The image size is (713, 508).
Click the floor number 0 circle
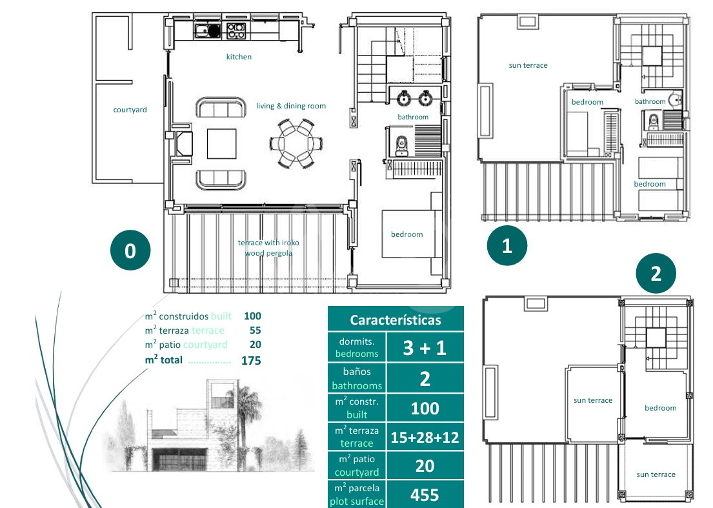[130, 250]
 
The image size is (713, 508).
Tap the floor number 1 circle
[507, 245]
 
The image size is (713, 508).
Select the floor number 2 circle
[656, 273]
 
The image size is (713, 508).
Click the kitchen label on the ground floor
[239, 57]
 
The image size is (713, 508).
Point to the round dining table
[296, 144]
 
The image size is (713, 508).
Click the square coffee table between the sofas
[221, 144]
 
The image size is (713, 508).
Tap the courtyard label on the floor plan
[130, 110]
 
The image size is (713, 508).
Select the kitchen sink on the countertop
[207, 31]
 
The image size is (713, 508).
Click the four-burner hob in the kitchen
[236, 31]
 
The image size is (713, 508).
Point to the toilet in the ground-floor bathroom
[401, 145]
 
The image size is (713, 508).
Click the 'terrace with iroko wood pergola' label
[268, 248]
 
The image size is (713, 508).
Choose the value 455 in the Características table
[425, 495]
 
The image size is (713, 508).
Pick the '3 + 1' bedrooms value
[425, 348]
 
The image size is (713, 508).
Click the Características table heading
[395, 320]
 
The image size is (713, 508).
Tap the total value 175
[251, 361]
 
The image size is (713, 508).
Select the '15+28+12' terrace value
[425, 437]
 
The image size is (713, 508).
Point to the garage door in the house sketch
[179, 460]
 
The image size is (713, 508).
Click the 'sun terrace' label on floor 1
[528, 65]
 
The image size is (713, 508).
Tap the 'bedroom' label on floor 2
[660, 408]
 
